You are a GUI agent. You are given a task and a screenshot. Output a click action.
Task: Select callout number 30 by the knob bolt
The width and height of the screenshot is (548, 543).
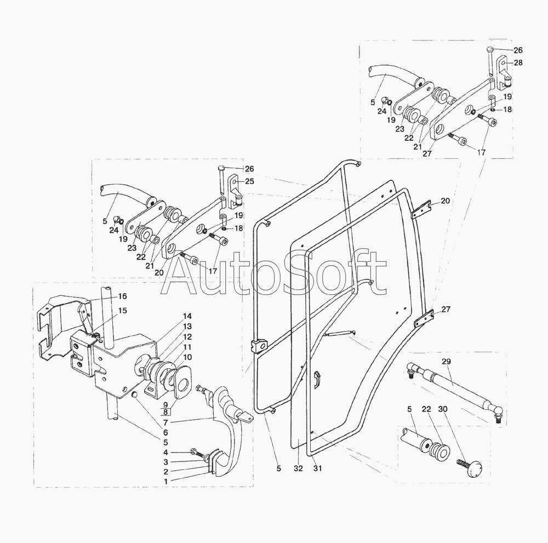[x=443, y=409]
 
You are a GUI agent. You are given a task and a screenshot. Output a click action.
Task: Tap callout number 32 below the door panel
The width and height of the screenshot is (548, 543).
[x=298, y=468]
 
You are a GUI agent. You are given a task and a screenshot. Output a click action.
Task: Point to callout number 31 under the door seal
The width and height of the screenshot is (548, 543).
[x=317, y=468]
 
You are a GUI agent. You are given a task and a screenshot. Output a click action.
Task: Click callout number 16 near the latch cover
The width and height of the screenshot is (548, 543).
[x=122, y=296]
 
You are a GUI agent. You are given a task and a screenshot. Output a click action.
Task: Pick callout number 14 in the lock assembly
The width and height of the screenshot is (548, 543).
[x=187, y=317]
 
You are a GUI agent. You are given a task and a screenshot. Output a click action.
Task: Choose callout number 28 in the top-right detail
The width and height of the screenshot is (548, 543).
[x=518, y=62]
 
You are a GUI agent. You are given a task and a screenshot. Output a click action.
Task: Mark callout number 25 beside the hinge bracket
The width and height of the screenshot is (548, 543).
[x=249, y=181]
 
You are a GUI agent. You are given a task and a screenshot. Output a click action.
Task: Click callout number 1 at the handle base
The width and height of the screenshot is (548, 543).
[x=166, y=481]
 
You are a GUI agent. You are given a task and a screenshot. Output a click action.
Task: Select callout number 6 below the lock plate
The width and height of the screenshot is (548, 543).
[x=165, y=433]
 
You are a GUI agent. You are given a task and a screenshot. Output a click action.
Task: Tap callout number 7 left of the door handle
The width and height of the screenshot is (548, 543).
[x=165, y=423]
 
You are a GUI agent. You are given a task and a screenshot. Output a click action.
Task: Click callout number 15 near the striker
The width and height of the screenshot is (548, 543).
[x=122, y=311]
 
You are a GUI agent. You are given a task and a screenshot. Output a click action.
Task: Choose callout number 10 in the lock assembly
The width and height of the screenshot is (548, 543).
[x=187, y=357]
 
